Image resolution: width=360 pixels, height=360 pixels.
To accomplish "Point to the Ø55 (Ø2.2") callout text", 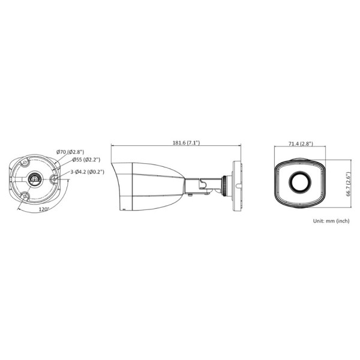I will tap(86, 160).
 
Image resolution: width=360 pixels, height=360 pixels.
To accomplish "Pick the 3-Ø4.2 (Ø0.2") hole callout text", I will tap(87, 172).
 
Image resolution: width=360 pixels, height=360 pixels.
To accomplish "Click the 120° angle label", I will tap(43, 210).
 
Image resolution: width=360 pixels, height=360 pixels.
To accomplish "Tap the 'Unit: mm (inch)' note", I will tap(331, 221).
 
